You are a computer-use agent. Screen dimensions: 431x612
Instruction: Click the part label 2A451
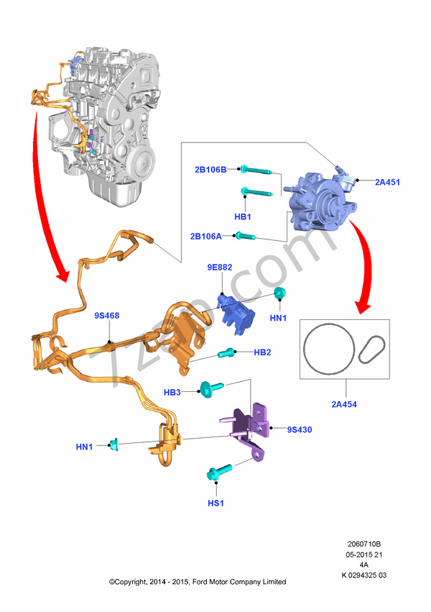tap(387, 182)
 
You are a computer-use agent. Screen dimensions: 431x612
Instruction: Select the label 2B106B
tap(210, 170)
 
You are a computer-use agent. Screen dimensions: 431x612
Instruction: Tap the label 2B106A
tap(205, 236)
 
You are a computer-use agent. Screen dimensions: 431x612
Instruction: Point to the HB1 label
tap(243, 216)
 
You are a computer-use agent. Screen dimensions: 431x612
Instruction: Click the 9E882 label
tap(219, 267)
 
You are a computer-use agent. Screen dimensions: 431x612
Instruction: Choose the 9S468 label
tap(107, 316)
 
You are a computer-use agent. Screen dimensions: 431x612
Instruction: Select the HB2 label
tap(262, 352)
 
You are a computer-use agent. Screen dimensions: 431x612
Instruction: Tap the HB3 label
tap(172, 392)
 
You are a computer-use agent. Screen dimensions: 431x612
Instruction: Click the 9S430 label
tap(300, 430)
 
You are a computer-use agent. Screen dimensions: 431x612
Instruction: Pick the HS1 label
tap(216, 503)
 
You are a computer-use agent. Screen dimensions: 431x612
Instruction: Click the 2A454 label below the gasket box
tap(344, 404)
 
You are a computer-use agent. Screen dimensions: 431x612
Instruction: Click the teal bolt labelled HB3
tap(210, 389)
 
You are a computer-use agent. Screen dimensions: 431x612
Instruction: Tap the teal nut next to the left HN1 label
tap(113, 444)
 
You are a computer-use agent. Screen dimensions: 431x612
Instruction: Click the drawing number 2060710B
tap(364, 544)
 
